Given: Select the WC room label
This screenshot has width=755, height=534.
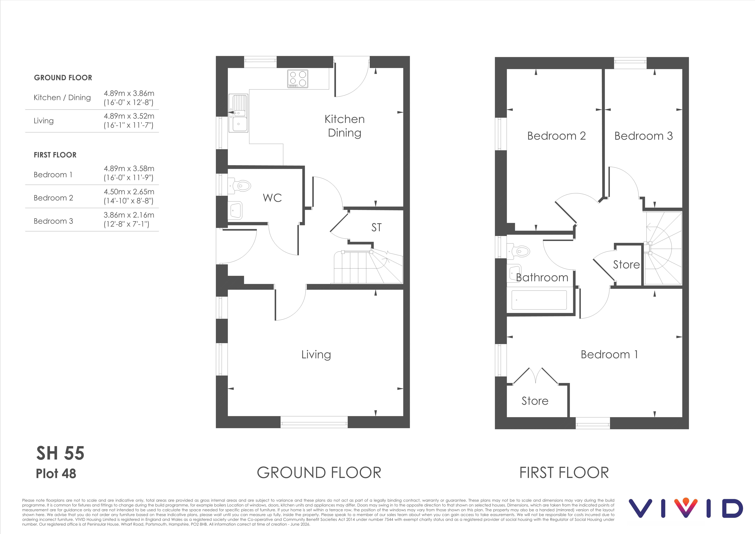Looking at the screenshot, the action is coord(272,198).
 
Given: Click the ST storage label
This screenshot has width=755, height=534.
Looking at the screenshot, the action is coord(377,227).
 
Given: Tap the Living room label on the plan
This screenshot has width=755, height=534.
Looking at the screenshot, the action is coord(316,355).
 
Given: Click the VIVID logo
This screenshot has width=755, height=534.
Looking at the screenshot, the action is coord(686,508).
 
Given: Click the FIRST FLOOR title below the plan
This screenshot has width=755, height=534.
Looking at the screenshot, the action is coord(564,473).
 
